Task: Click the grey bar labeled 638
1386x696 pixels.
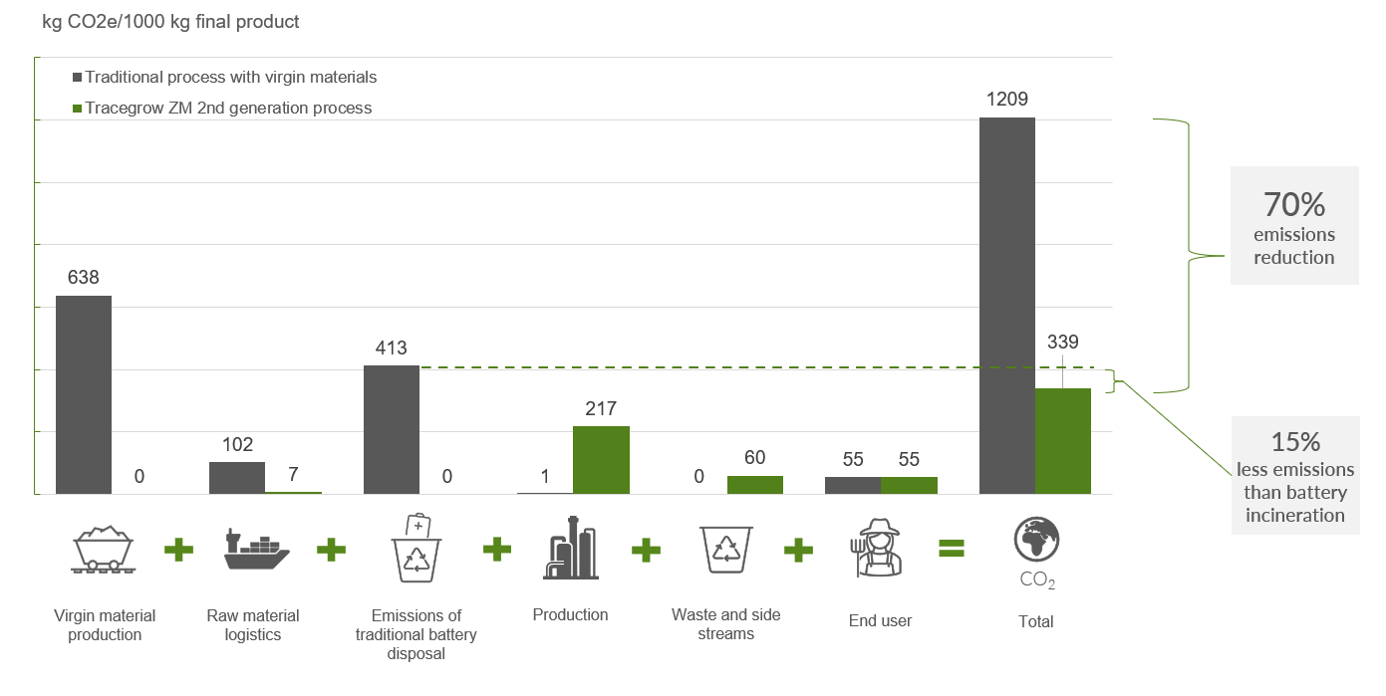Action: click(x=84, y=394)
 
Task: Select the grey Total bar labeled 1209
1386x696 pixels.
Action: click(x=1007, y=305)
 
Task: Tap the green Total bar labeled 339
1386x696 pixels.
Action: click(x=1063, y=440)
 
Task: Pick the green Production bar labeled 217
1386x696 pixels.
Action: click(x=601, y=459)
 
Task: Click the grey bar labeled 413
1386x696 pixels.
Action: click(x=392, y=429)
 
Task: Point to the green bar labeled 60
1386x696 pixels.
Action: click(x=755, y=484)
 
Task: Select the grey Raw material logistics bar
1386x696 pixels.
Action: click(x=237, y=477)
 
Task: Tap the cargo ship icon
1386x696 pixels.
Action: click(x=256, y=550)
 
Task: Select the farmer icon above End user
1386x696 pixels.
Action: click(x=879, y=548)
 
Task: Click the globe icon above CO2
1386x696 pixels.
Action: click(x=1036, y=540)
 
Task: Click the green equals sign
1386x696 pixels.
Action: click(x=951, y=549)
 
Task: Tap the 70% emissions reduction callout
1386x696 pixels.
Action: click(x=1293, y=226)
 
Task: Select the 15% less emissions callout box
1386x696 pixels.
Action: click(x=1294, y=476)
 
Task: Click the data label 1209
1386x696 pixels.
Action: click(x=1007, y=99)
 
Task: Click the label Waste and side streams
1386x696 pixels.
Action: click(x=725, y=624)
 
